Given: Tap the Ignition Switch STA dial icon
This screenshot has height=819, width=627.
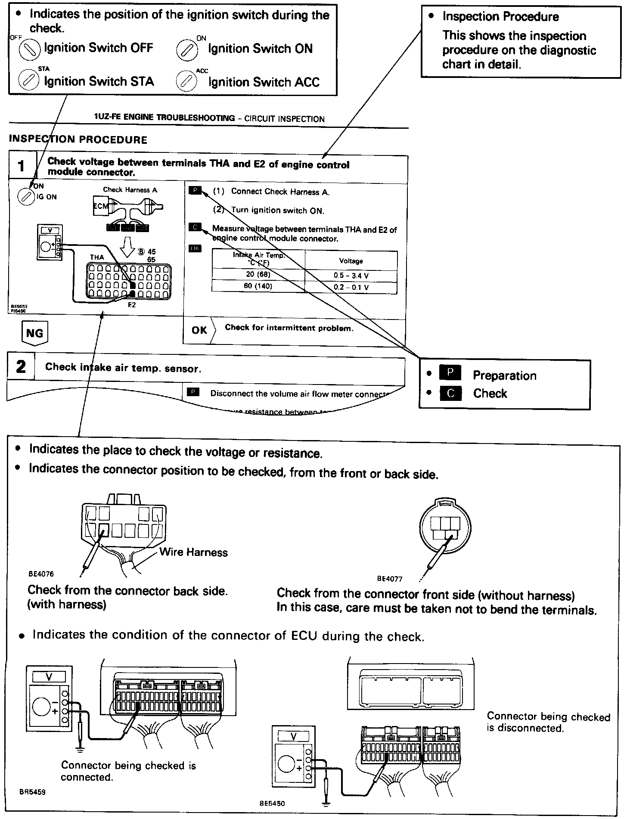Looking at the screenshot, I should pos(28,81).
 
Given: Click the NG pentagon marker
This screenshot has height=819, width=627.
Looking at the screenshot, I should pos(35,333).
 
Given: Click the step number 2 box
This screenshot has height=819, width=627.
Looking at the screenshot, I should pos(21,367).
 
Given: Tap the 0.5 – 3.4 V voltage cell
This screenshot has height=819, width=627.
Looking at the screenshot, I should pos(351,276).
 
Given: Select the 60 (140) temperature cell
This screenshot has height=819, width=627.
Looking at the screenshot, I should pos(258,286).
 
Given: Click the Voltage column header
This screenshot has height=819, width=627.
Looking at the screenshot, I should pos(351,261).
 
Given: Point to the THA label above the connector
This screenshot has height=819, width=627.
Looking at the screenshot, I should pos(97,257).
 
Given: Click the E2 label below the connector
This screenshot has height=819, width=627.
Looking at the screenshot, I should pos(132,305).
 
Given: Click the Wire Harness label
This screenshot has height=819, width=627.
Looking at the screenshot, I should pos(193,552).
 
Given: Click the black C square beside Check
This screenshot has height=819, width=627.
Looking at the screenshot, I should pos(450,393).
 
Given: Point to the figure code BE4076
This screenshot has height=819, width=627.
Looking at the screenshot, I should pos(41,574).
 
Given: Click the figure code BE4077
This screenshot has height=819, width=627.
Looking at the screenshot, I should pos(390,579).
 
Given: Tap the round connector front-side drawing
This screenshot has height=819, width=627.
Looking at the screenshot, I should pos(445,527).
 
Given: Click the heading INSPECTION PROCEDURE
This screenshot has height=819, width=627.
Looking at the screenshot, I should pos(78,140).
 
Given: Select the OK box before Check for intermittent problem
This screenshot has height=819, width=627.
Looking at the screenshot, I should pos(199,330).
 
